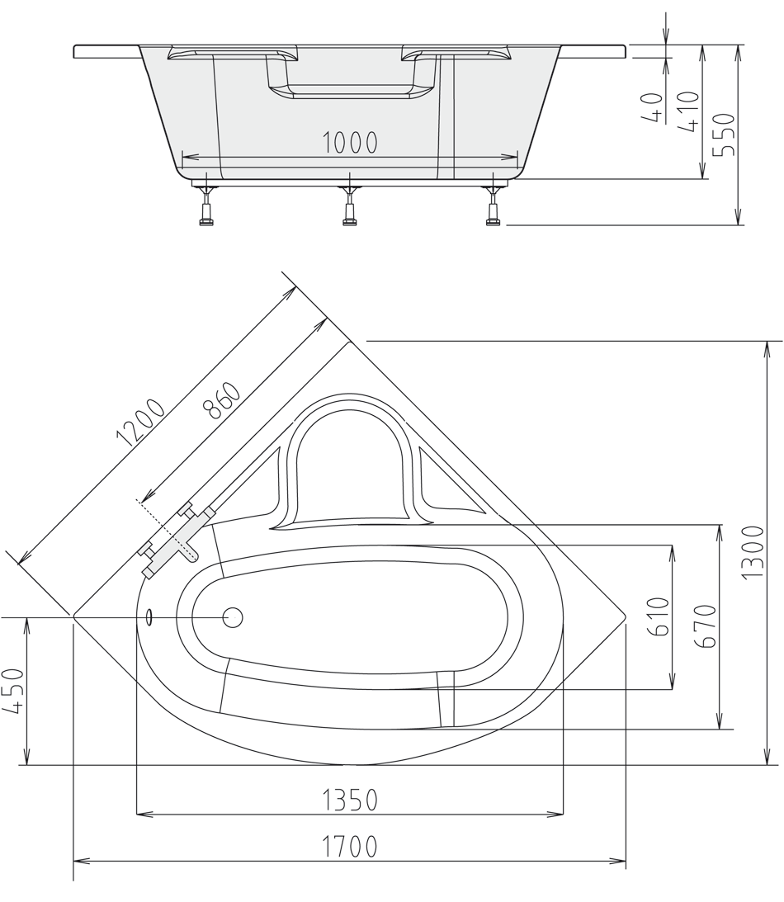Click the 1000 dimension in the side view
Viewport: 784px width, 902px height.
pyautogui.click(x=350, y=143)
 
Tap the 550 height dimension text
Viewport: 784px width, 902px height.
pyautogui.click(x=723, y=135)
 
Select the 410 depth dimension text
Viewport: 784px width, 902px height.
pyautogui.click(x=688, y=111)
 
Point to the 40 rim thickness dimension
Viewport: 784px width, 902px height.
pyautogui.click(x=652, y=107)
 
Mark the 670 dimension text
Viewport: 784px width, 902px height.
pyautogui.click(x=707, y=626)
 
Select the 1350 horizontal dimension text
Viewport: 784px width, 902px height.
pyautogui.click(x=350, y=800)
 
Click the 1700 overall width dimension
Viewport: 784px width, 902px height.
pyautogui.click(x=350, y=847)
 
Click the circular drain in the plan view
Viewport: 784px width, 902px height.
pyautogui.click(x=233, y=617)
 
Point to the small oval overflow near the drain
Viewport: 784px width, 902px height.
pyautogui.click(x=149, y=617)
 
